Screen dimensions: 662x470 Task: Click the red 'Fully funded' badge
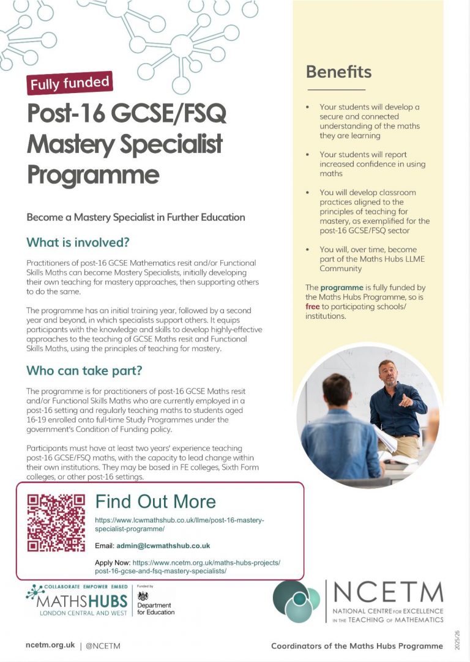(x=70, y=83)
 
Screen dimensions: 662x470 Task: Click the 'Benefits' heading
(x=338, y=72)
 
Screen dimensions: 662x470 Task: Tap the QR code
(x=56, y=522)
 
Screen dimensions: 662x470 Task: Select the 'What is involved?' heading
(x=78, y=242)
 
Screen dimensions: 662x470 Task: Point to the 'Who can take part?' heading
(x=84, y=371)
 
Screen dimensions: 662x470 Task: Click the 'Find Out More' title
(x=155, y=502)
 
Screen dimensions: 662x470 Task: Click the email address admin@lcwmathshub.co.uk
(x=163, y=545)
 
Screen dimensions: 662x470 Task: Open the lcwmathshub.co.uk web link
(x=179, y=524)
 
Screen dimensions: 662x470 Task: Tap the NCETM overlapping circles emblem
(x=296, y=601)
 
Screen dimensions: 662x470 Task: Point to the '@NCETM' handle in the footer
(x=103, y=645)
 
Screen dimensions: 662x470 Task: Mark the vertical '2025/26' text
(x=457, y=639)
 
